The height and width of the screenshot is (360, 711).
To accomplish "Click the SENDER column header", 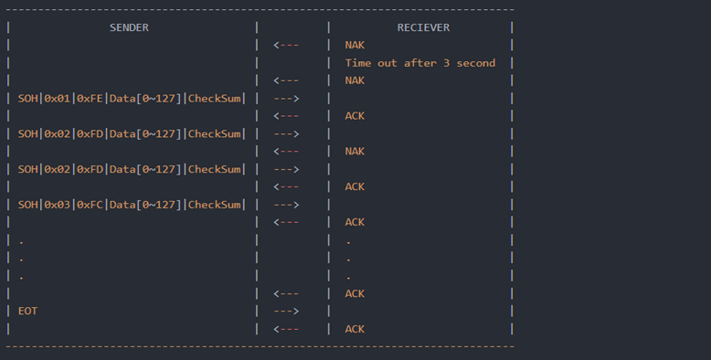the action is point(129,27).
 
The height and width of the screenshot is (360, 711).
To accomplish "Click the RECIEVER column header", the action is point(423,27).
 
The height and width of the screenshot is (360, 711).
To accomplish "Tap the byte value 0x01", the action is point(57,99).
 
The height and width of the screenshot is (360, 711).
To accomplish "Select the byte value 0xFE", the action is point(90,99).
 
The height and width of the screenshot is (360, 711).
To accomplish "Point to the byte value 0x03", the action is point(57,205).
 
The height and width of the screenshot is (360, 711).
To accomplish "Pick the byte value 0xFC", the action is point(90,205).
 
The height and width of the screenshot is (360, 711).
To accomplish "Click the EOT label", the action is point(27,312).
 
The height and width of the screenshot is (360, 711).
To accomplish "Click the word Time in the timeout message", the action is point(357,63).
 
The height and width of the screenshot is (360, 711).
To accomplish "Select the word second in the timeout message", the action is point(476,63).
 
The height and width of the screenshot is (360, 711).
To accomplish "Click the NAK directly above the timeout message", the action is point(355,45).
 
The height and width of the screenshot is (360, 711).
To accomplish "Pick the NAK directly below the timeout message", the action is point(355,80).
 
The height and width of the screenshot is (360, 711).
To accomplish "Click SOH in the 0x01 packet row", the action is point(27,99).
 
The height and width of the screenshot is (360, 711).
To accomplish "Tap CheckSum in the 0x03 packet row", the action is point(216,205).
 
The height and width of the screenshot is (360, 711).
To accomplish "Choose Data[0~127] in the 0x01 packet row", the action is point(145,99).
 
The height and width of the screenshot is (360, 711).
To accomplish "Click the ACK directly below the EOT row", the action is point(355,329).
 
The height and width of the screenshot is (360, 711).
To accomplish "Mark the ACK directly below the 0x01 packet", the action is point(355,116).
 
